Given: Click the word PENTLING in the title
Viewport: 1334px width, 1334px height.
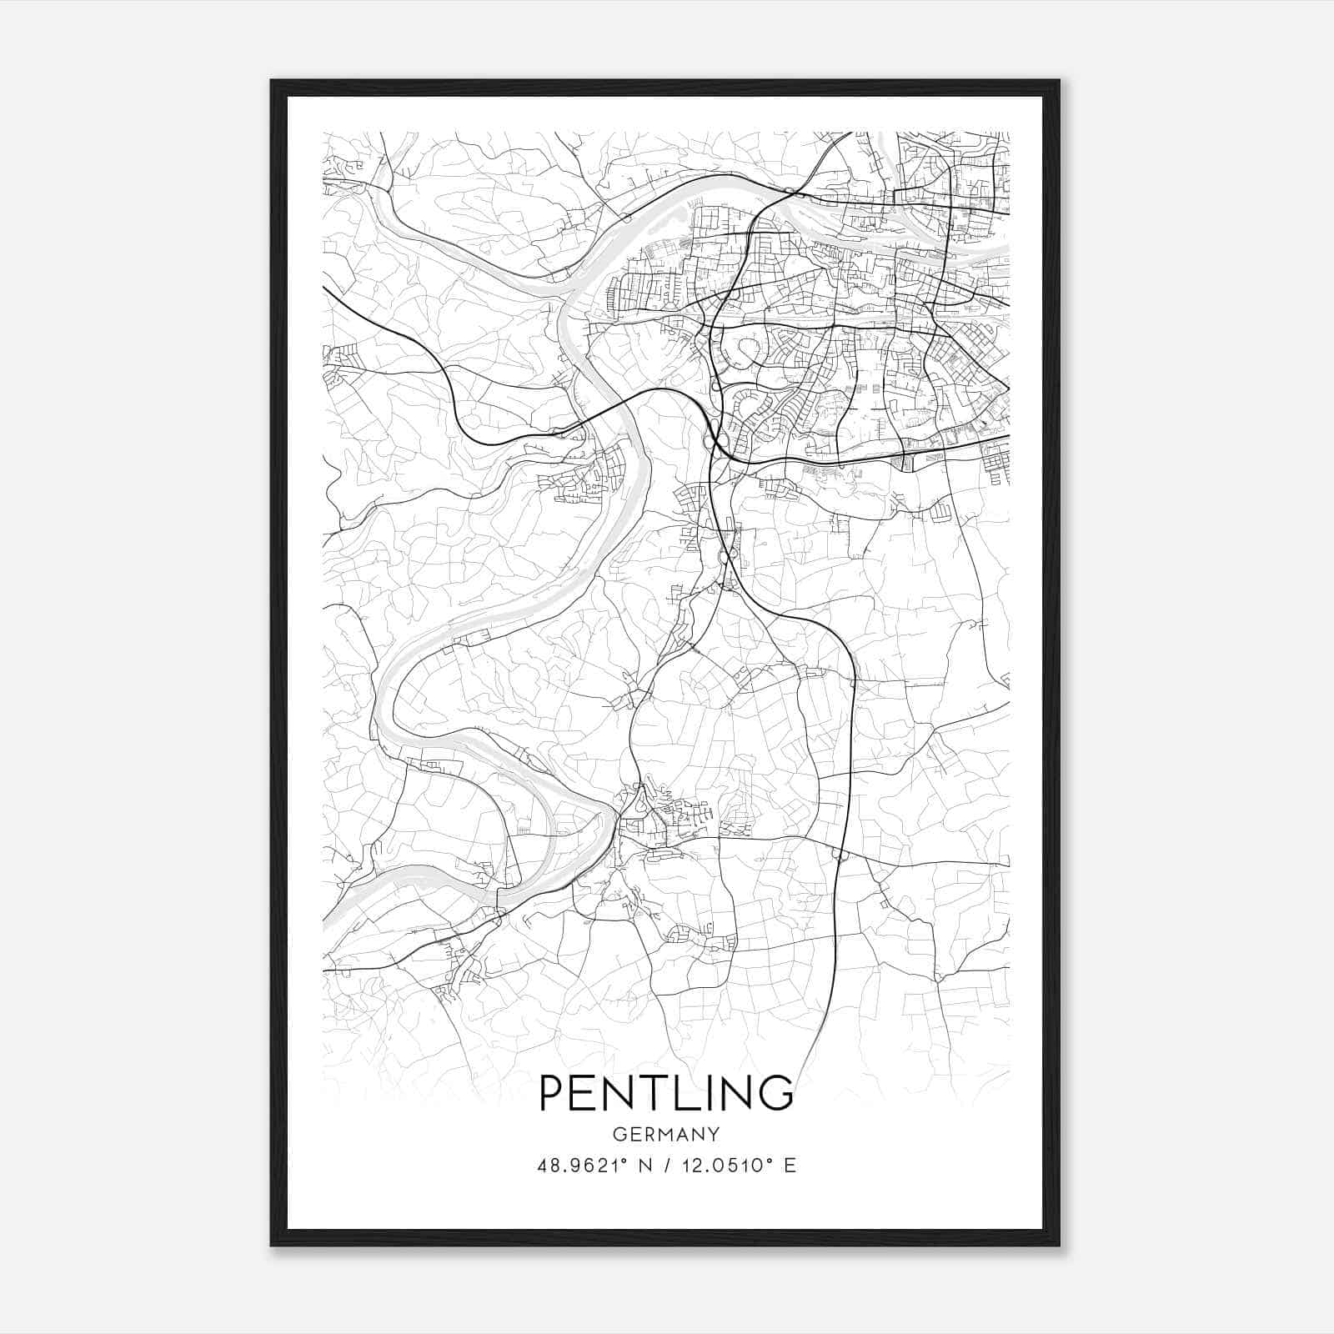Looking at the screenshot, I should tap(666, 1092).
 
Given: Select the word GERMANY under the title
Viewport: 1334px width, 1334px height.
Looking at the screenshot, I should tap(666, 1135).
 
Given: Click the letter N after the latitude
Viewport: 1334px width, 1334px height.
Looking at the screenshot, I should tap(643, 1166).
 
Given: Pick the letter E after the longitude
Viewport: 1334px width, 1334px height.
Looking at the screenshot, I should tap(790, 1166).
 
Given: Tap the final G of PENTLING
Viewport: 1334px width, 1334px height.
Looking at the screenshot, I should tap(775, 1092).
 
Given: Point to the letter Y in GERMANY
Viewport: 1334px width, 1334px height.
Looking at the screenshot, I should tap(713, 1135).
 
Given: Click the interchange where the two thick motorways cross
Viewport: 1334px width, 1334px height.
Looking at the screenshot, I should tap(715, 440).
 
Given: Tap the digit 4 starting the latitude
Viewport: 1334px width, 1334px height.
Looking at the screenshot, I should tap(543, 1166).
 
